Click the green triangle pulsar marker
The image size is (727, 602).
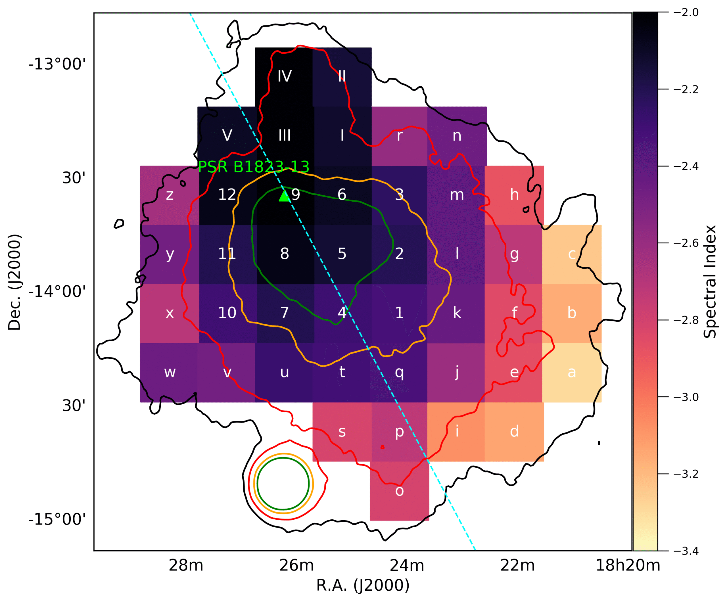(284, 196)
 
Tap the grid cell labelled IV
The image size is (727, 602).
(284, 76)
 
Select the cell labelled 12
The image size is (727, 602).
(227, 195)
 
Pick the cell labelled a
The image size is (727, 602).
(572, 373)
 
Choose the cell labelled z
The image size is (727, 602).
(170, 195)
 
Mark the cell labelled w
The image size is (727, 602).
(170, 373)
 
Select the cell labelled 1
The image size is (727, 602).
(399, 313)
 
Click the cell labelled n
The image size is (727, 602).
(457, 136)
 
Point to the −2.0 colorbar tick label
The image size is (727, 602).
(686, 13)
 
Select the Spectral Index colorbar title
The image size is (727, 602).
(710, 281)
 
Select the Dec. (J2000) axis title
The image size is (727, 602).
(14, 282)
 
